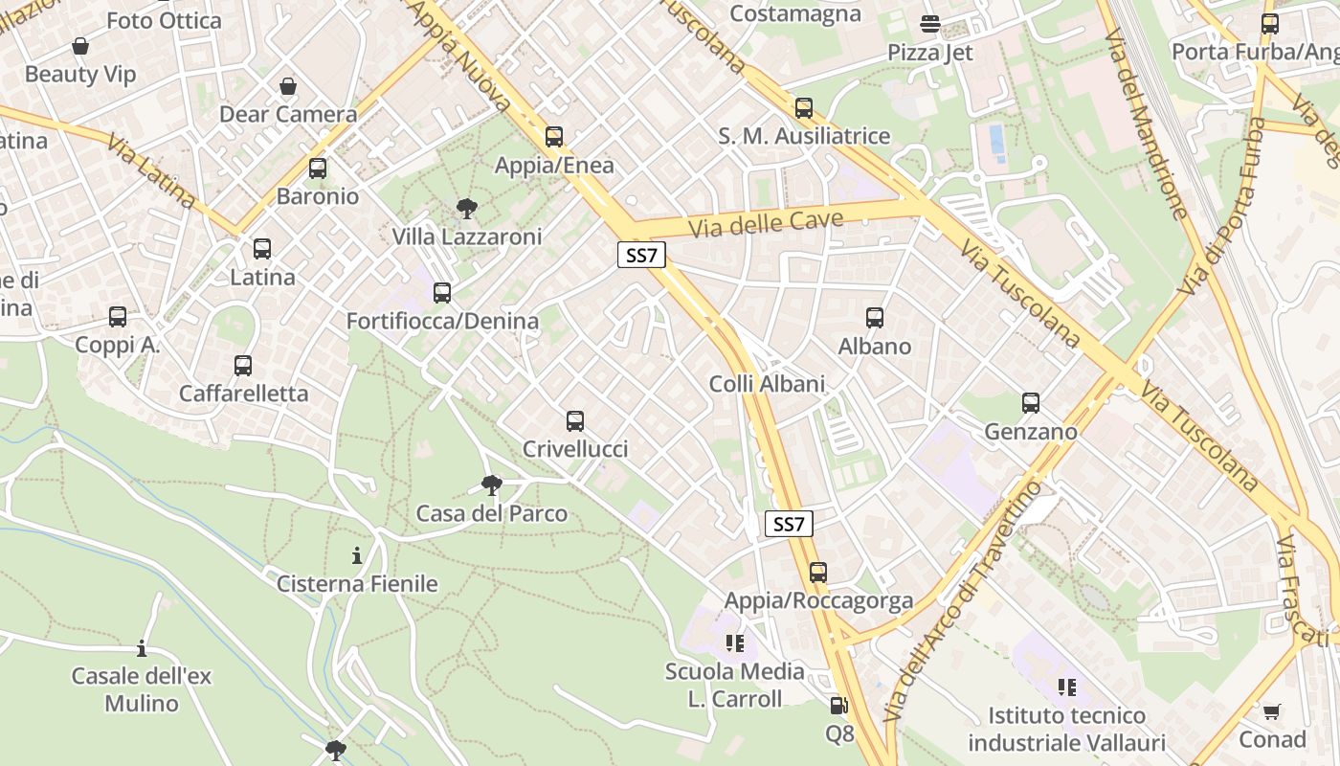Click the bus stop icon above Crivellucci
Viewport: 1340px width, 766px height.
(x=575, y=420)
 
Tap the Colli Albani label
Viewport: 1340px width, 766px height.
(x=767, y=384)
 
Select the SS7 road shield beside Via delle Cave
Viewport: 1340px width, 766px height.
(x=641, y=255)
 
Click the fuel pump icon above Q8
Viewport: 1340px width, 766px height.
(x=838, y=707)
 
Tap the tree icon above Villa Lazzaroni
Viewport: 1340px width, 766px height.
(x=467, y=208)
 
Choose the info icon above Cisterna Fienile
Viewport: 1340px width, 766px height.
(x=357, y=555)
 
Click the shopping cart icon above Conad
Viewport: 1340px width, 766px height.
(x=1271, y=711)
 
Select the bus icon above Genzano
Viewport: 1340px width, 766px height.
(x=1031, y=403)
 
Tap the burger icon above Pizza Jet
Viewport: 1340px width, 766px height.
(x=929, y=24)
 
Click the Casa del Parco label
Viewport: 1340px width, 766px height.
(x=491, y=514)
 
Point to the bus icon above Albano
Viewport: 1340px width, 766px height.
(x=875, y=318)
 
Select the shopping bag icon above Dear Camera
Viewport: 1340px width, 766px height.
(x=288, y=86)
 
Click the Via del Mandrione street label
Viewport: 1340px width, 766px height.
(x=1146, y=124)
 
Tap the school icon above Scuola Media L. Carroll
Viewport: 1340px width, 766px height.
(x=735, y=642)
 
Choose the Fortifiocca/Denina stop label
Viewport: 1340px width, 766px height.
(x=442, y=322)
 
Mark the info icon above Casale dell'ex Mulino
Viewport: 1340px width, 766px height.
(x=142, y=649)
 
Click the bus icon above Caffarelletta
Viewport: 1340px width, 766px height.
(x=243, y=366)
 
